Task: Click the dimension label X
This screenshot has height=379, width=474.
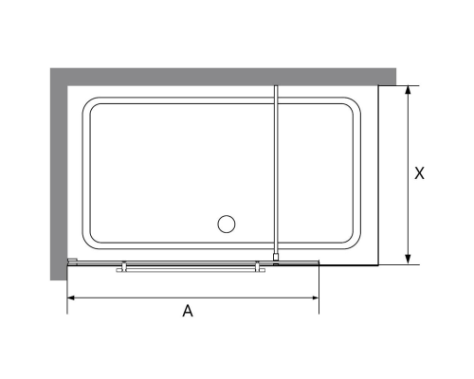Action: pos(419,173)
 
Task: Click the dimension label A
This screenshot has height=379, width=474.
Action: pos(188,311)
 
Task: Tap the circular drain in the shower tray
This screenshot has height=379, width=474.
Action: pos(227,224)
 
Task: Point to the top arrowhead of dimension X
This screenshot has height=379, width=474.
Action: pos(408,90)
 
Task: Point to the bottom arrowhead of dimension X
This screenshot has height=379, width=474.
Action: pos(408,259)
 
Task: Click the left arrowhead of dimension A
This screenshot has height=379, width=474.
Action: pos(71,298)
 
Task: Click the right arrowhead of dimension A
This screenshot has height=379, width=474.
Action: pos(315,298)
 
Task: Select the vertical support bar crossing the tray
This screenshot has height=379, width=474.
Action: pos(277,171)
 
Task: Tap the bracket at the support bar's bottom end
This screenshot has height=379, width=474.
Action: pos(277,259)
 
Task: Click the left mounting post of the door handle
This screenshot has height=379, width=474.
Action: pos(124,266)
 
